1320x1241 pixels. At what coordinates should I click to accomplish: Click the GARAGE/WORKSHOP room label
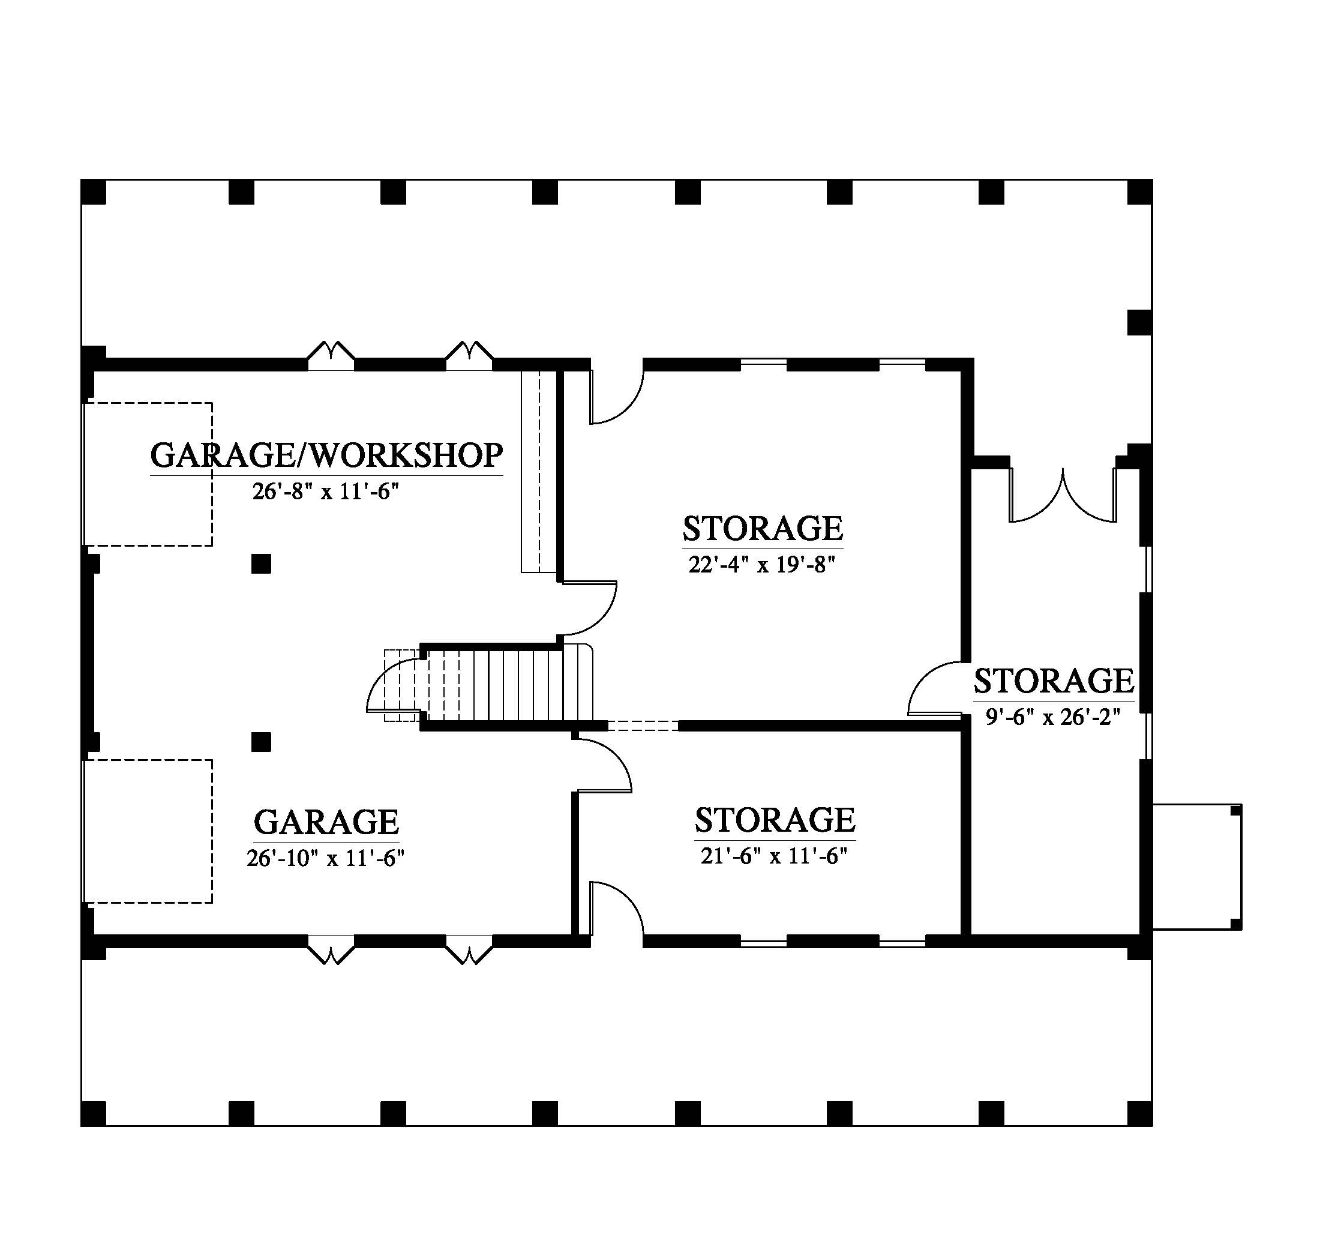pos(326,455)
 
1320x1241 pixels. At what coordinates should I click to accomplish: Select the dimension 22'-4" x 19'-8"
pos(761,565)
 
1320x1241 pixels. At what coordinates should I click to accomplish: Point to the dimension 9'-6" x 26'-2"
pos(1053,717)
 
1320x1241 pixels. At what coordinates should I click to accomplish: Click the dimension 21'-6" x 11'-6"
pos(774,856)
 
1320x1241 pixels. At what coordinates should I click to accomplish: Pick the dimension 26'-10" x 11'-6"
pos(325,858)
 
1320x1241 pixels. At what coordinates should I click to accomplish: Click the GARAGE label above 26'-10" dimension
pos(326,822)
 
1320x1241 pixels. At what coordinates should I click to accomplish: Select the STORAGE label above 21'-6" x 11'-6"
pos(775,820)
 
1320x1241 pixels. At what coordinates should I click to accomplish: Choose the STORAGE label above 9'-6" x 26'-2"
pos(1054,681)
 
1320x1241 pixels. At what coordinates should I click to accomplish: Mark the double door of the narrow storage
pos(1063,494)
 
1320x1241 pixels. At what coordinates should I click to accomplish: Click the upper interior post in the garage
pos(261,563)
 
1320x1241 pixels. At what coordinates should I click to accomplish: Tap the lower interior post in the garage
pos(261,742)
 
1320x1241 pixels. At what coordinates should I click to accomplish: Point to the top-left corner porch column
pos(93,192)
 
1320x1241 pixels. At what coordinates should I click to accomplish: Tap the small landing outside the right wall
pos(1196,867)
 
